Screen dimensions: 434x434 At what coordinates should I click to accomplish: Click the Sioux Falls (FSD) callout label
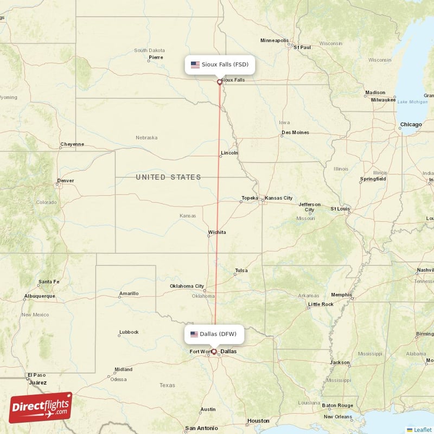click(220, 65)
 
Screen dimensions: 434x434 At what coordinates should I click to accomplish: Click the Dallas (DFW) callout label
click(214, 334)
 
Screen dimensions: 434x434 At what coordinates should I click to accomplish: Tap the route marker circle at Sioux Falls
click(220, 82)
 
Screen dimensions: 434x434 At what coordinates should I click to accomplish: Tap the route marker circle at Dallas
click(214, 352)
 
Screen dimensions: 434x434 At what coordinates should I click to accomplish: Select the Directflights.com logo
click(40, 407)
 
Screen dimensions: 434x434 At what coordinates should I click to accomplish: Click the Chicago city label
click(411, 125)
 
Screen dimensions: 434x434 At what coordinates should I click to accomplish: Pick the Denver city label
click(65, 181)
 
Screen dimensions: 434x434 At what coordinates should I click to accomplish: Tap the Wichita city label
click(217, 232)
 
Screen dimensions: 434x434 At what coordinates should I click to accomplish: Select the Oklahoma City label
click(187, 286)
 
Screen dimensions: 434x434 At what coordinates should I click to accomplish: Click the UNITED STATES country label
click(168, 177)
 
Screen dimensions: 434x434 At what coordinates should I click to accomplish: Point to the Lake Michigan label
click(412, 102)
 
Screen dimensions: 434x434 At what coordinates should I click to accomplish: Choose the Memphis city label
click(341, 295)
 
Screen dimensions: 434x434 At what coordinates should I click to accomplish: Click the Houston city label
click(258, 420)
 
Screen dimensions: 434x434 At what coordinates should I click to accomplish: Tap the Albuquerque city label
click(40, 296)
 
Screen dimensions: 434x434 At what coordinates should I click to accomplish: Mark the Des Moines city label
click(295, 132)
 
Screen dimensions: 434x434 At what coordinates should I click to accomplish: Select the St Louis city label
click(340, 208)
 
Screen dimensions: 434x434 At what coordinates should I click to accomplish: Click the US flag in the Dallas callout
click(194, 334)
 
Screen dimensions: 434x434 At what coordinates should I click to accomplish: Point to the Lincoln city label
click(229, 153)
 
